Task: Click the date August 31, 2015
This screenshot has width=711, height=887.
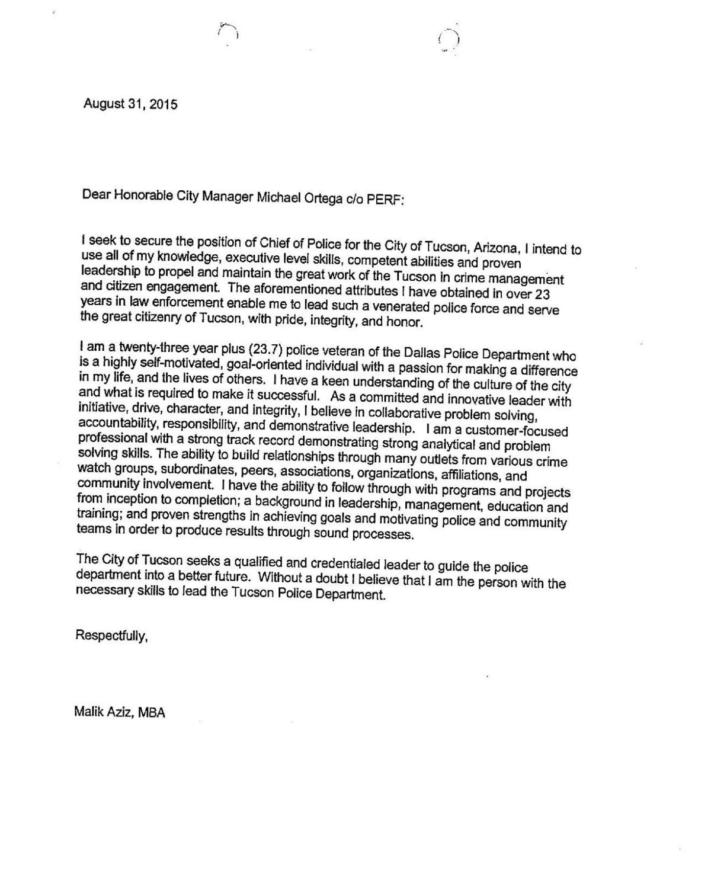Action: coord(130,104)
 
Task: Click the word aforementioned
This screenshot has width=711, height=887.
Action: coord(283,289)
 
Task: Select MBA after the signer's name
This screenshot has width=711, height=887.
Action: coord(152,713)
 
